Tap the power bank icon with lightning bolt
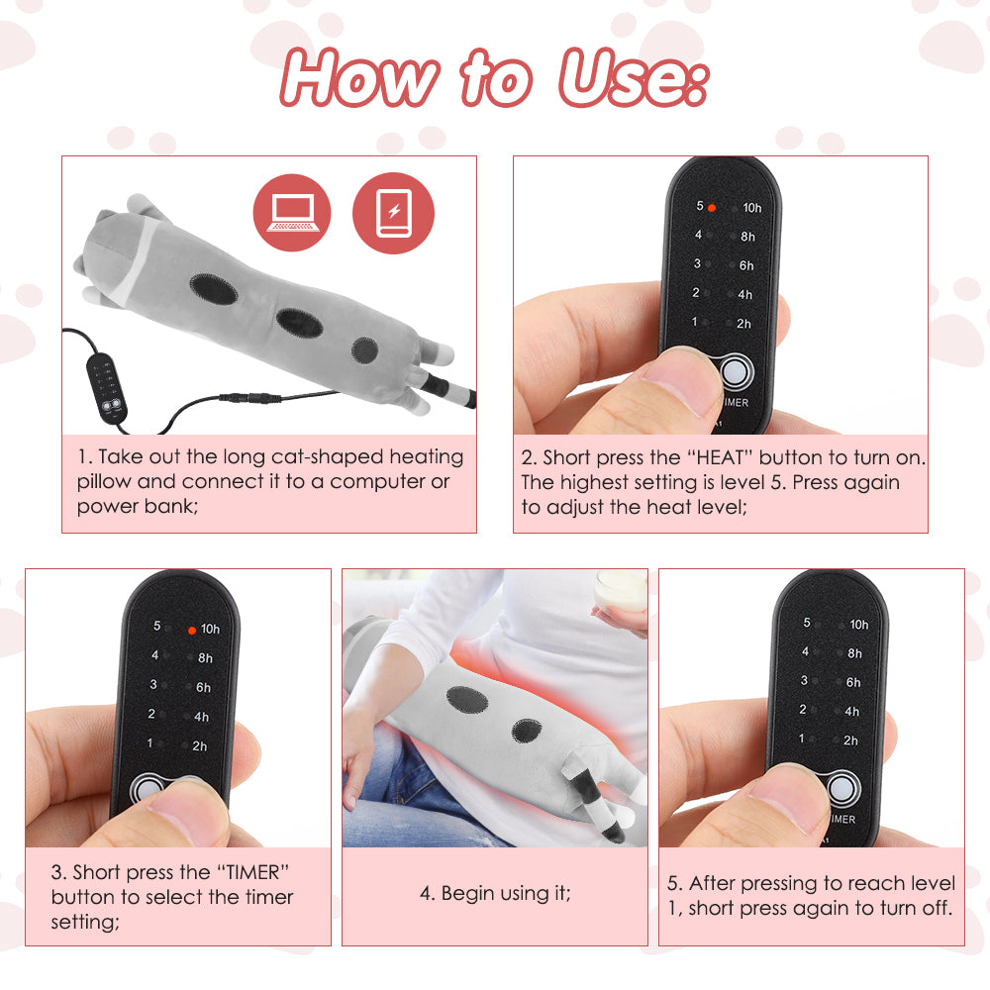coord(393,214)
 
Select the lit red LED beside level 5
coord(712,207)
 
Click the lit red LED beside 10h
coord(192,630)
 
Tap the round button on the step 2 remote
coord(734,372)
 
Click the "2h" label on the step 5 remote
coord(850,741)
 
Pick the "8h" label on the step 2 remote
coord(746,237)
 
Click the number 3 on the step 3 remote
coord(152,685)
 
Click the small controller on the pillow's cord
coord(107,388)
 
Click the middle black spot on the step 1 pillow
coord(295,321)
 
